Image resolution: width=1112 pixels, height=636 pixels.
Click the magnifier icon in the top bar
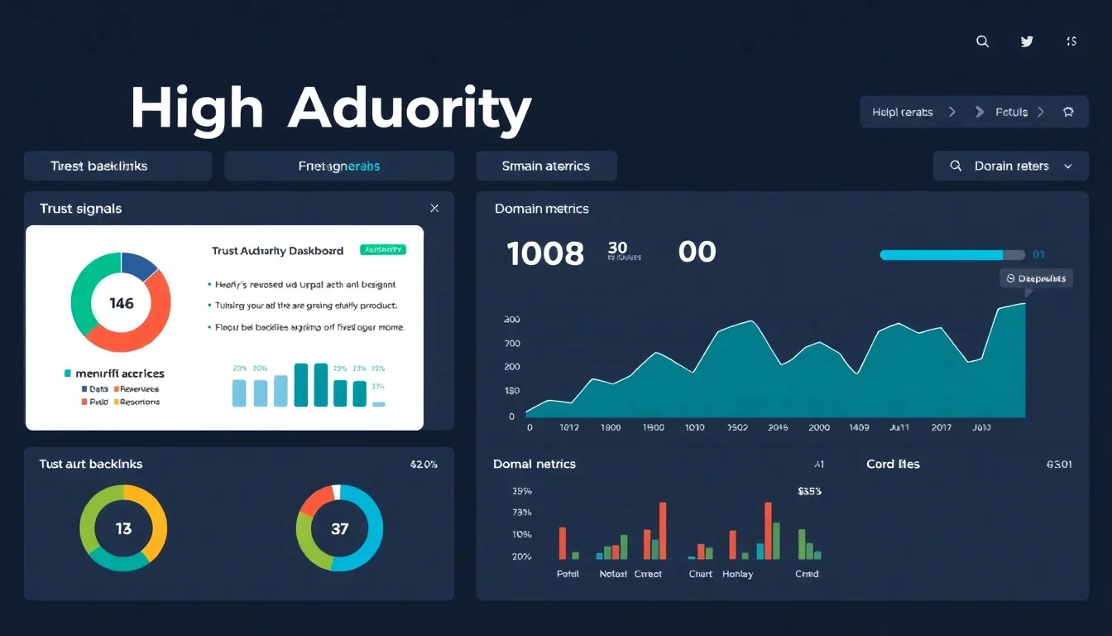click(x=982, y=41)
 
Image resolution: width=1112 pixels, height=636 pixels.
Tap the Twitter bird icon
click(x=1027, y=41)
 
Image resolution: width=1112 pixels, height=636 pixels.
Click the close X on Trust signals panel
click(x=434, y=209)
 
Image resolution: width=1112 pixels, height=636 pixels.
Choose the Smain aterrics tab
click(x=546, y=166)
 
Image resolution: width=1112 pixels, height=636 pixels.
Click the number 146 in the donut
click(x=122, y=303)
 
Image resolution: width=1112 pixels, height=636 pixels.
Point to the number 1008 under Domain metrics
click(x=545, y=253)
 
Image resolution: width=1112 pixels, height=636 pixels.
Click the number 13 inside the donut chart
click(x=123, y=528)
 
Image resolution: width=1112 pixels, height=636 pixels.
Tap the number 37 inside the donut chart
click(x=339, y=528)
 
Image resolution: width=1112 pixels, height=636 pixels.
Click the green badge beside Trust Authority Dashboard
click(x=383, y=249)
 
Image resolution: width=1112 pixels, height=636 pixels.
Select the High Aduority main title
click(x=331, y=109)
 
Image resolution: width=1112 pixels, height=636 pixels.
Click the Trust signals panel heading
click(x=81, y=209)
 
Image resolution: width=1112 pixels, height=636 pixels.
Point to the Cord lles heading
click(x=893, y=464)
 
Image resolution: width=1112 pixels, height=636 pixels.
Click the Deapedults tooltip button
click(x=1036, y=278)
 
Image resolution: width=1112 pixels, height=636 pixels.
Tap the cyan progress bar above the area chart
click(x=942, y=255)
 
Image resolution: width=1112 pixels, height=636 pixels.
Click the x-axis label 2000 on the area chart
click(x=818, y=427)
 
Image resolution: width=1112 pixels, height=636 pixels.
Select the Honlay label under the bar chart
click(x=737, y=574)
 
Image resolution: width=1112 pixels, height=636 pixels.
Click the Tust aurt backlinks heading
click(x=91, y=464)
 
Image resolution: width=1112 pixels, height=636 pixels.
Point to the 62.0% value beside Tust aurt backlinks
click(x=424, y=465)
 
